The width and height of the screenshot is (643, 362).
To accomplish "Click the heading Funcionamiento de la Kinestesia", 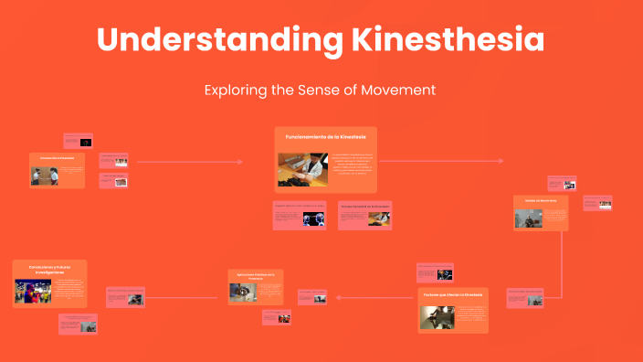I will point(325,136).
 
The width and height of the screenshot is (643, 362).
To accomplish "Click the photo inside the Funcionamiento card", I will point(303,170).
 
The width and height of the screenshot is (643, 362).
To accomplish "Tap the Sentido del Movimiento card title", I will point(541,200).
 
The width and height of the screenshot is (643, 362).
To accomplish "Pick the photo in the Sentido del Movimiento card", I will point(527,218).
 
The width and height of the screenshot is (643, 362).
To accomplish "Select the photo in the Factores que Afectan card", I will point(438,316).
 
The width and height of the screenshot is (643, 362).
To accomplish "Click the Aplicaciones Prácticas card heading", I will point(255,275).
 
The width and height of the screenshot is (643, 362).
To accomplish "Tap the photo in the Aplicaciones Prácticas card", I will point(242,291).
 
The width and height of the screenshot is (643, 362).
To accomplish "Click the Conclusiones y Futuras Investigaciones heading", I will point(49,270).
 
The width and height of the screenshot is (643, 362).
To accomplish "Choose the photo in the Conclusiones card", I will point(33,292).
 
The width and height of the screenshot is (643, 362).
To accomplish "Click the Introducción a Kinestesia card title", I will point(57,157).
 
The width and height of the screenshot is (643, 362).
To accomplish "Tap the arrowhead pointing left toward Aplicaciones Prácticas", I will point(340,296).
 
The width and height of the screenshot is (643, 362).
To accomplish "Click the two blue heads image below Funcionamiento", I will point(312,219).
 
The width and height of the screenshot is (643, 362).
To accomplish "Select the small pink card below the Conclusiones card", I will point(79,323).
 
